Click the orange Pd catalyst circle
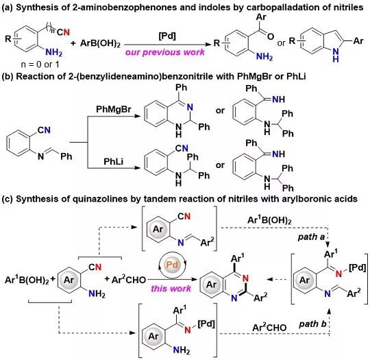(x=172, y=264)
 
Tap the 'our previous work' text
(x=165, y=52)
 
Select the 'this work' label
(x=171, y=289)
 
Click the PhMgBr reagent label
(x=114, y=109)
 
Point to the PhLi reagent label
(x=114, y=162)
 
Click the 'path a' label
(x=311, y=237)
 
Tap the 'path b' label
(x=312, y=324)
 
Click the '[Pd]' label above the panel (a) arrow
(x=167, y=36)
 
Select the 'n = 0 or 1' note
(x=40, y=64)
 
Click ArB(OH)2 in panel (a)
(x=100, y=43)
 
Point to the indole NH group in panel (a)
(x=336, y=55)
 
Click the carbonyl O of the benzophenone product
(x=271, y=36)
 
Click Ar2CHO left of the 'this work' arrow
(x=129, y=280)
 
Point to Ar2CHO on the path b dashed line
(x=269, y=327)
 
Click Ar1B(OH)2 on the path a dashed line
(x=269, y=220)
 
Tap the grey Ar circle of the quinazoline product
(x=211, y=285)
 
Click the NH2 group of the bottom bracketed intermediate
(x=181, y=350)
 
